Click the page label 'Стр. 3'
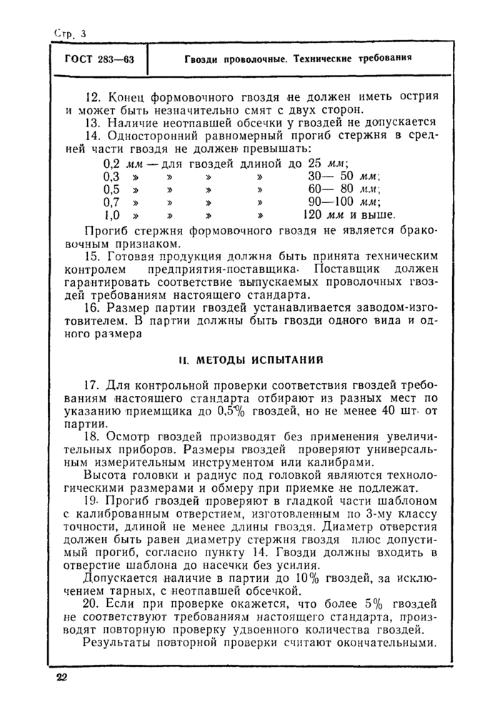pos(69,33)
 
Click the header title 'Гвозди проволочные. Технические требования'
pos(295,59)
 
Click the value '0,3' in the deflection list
pos(112,176)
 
